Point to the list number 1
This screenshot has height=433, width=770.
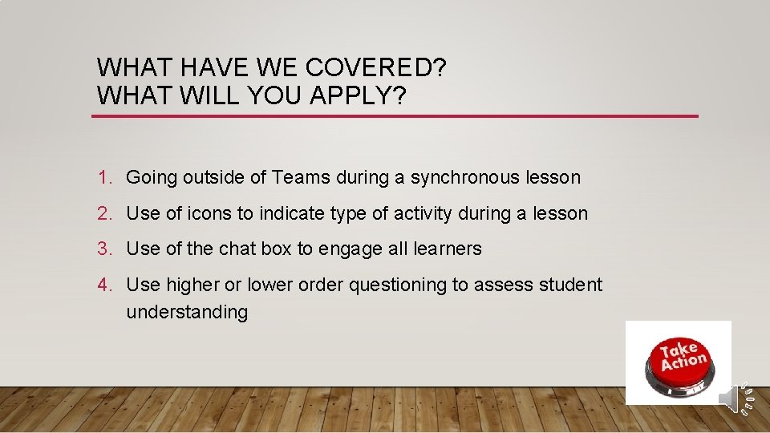pos(103,177)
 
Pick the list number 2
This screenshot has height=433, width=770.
pos(103,213)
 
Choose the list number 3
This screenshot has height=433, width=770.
pos(103,249)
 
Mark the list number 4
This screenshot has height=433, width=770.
pos(103,285)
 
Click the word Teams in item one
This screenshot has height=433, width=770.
pos(301,177)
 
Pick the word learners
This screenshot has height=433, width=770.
pos(448,249)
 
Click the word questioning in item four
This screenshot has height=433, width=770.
pos(394,285)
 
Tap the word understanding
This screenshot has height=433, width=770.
pos(187,312)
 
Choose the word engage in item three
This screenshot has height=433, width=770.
pos(351,249)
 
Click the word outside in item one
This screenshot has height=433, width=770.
pos(214,177)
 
